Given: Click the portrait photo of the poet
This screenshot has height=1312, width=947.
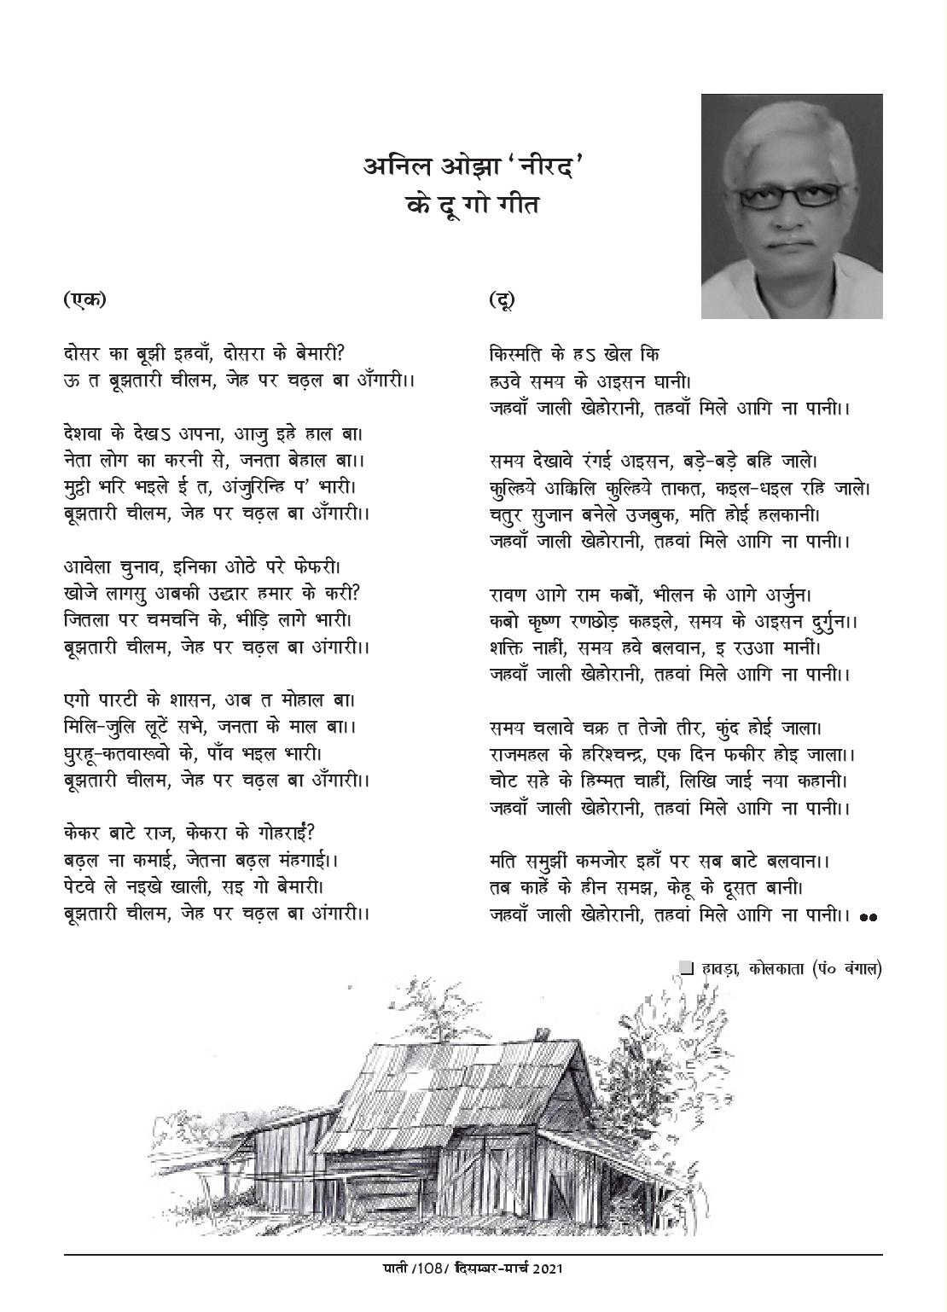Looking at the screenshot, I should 792,206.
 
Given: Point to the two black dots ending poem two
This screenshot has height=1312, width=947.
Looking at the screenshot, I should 869,918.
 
